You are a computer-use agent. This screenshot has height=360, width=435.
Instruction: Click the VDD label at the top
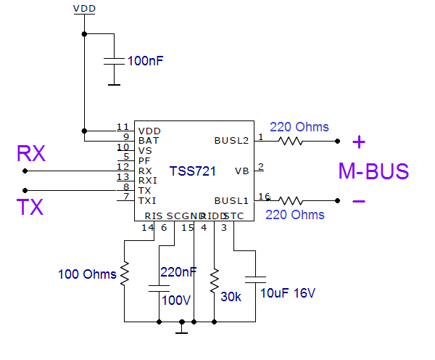click(x=84, y=9)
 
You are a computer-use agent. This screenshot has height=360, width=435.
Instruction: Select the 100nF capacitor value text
click(x=145, y=61)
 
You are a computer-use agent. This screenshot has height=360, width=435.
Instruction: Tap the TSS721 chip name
click(x=192, y=171)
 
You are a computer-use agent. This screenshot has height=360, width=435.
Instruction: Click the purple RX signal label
click(x=31, y=154)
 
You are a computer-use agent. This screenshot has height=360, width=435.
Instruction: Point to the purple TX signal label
click(x=30, y=208)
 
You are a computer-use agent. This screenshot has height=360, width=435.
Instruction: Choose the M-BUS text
click(x=373, y=172)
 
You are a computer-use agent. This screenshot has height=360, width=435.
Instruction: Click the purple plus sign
click(x=360, y=142)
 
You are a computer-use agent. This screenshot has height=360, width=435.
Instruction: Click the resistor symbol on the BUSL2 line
click(x=290, y=141)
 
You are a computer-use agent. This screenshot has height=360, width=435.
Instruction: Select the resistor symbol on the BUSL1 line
click(x=290, y=200)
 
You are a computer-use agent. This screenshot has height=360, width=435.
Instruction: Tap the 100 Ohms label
click(x=87, y=274)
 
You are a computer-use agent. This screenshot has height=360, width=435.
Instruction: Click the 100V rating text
click(x=177, y=300)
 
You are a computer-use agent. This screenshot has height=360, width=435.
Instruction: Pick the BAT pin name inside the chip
click(x=148, y=140)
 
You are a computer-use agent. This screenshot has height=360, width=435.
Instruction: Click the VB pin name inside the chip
click(x=241, y=171)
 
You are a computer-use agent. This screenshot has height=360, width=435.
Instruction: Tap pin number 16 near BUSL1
click(x=263, y=196)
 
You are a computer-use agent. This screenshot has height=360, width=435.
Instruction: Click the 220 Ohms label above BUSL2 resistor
click(x=299, y=127)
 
